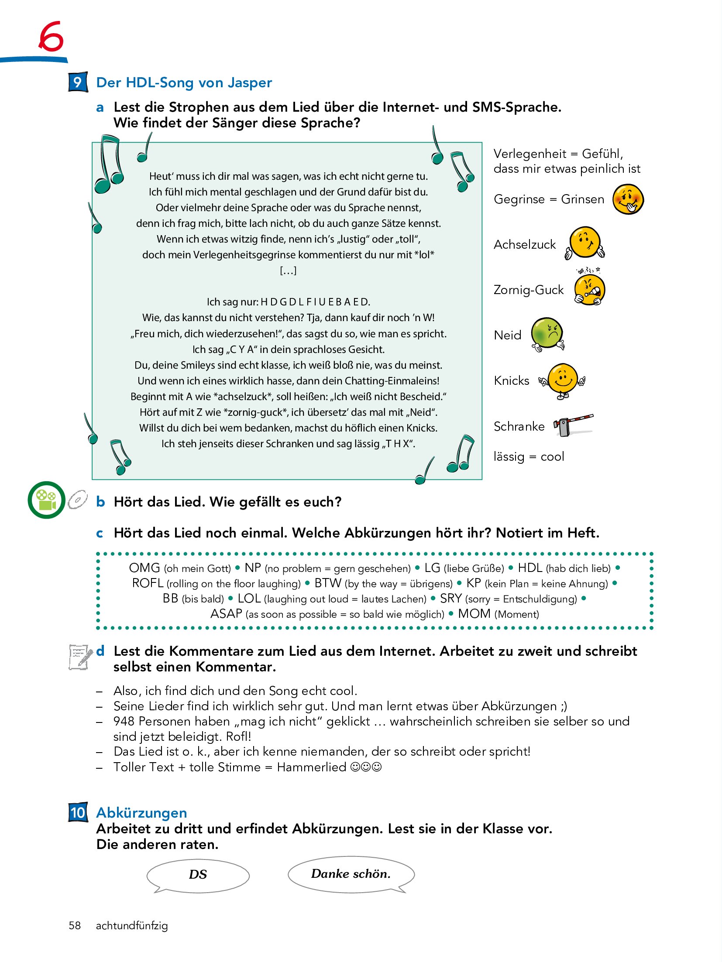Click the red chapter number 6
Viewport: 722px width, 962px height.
pos(51,37)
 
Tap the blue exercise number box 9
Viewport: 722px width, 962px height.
pos(78,82)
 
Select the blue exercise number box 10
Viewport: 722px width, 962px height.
pos(78,812)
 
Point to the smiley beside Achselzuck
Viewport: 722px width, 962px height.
pos(585,243)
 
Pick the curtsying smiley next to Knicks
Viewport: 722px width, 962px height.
pos(562,380)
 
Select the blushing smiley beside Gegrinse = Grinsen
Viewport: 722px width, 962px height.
pos(628,199)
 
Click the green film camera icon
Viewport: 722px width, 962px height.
pos(47,500)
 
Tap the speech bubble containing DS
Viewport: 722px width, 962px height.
pos(198,874)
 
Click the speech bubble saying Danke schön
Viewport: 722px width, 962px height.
pos(351,873)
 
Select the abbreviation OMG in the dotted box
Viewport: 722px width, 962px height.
pos(144,568)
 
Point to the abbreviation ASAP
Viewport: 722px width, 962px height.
pos(226,613)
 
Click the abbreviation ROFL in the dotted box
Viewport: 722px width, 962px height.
pos(148,583)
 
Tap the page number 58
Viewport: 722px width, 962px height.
pos(75,925)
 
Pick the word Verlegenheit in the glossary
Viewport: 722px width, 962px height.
pos(529,154)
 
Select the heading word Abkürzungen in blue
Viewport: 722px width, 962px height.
pos(141,812)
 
